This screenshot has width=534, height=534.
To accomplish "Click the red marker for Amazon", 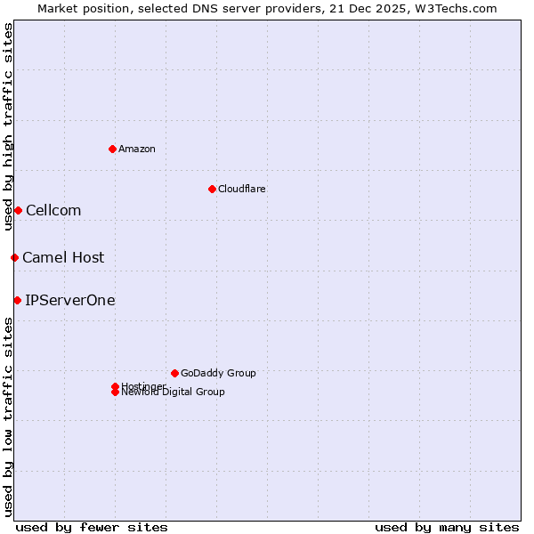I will [x=112, y=149].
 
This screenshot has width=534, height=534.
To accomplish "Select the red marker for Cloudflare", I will [x=212, y=189].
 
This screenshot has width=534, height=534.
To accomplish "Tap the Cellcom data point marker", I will [x=18, y=210].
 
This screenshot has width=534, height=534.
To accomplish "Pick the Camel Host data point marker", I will [x=14, y=257].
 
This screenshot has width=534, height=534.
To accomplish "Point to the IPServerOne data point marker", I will [x=17, y=300].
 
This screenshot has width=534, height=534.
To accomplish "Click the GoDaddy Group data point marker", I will [x=174, y=373].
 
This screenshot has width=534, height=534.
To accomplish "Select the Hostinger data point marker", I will [x=115, y=386].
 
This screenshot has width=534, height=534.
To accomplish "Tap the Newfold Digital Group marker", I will [x=115, y=392].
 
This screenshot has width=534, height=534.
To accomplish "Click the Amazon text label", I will [x=137, y=149].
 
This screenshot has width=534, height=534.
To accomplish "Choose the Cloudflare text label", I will [x=242, y=189].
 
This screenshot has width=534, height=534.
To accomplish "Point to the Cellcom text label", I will [x=53, y=210].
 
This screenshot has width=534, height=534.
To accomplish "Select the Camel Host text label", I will [x=63, y=257].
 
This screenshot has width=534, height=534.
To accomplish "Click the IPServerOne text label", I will [x=70, y=300].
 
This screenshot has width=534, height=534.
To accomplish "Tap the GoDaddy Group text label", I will [x=218, y=373].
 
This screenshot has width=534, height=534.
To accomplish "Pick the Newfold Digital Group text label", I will [x=174, y=392].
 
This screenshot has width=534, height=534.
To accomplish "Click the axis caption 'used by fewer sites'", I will [x=92, y=527].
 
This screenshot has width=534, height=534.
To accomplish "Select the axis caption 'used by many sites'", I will [x=447, y=527].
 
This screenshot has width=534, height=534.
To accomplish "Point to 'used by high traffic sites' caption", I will [x=9, y=126].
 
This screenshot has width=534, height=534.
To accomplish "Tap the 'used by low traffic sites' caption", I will [x=9, y=417].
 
